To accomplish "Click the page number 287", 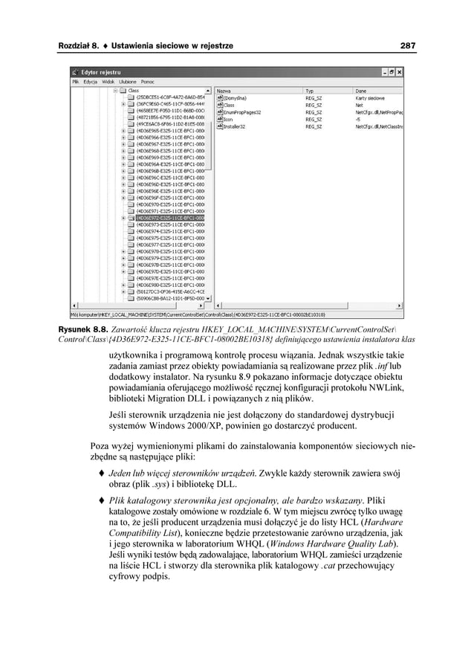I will point(407,46).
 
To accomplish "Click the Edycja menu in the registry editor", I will point(91,81).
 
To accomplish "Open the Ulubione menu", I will point(127,81).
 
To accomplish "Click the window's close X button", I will point(400,72).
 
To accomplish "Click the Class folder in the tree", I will point(134,90).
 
